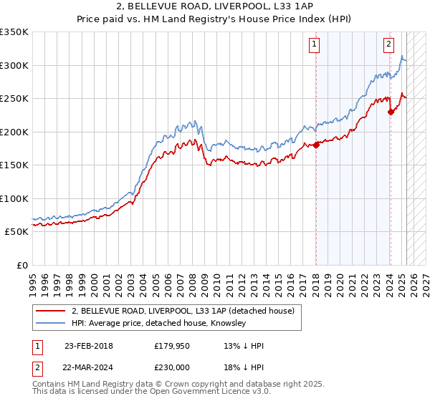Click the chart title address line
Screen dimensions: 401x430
click(x=215, y=6)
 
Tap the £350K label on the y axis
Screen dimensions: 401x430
click(x=14, y=32)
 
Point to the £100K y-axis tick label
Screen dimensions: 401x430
click(x=14, y=198)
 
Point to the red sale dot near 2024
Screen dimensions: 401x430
click(x=391, y=112)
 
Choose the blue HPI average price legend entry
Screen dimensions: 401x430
click(x=158, y=324)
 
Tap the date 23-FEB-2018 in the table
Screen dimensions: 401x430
click(x=88, y=346)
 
